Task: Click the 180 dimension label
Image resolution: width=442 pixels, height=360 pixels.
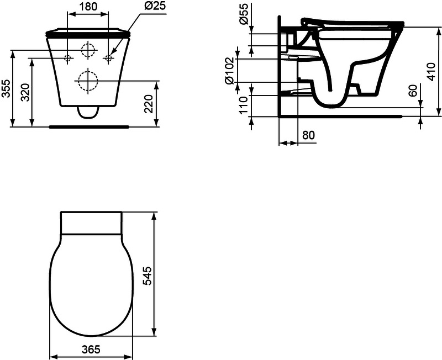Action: pyautogui.click(x=87, y=6)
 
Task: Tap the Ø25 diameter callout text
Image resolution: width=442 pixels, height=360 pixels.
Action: pyautogui.click(x=155, y=6)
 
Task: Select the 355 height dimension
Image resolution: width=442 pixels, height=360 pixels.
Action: pyautogui.click(x=6, y=88)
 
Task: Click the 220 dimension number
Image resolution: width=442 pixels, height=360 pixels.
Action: pyautogui.click(x=149, y=104)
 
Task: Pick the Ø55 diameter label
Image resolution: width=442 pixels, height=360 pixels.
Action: pyautogui.click(x=244, y=13)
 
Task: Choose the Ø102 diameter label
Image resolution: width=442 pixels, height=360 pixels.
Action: pyautogui.click(x=229, y=71)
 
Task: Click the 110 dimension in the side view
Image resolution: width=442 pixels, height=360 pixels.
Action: pyautogui.click(x=243, y=105)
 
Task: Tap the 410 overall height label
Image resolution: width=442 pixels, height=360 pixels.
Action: pyautogui.click(x=431, y=72)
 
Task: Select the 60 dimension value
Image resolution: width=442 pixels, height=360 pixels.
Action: pyautogui.click(x=413, y=91)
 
